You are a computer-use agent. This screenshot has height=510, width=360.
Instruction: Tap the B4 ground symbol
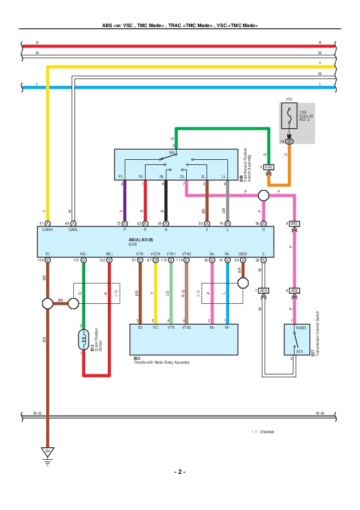coord(47,452)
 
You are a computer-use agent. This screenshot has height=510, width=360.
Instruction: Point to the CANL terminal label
coord(73,230)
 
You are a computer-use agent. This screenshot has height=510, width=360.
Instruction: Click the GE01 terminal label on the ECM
coord(243,254)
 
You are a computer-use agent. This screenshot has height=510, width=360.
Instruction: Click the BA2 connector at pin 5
coord(269,167)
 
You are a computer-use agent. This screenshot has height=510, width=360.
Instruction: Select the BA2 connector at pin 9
coord(294,224)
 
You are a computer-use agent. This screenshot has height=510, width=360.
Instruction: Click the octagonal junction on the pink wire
coord(264,195)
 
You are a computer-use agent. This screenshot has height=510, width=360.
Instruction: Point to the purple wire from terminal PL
coord(125,203)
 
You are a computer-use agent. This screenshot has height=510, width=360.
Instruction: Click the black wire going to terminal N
coord(165,203)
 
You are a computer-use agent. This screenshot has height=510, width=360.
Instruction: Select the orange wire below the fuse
coord(289,164)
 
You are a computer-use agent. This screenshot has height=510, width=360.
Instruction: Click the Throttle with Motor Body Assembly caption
coord(161,362)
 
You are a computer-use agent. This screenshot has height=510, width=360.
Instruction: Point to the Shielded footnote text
coord(263,431)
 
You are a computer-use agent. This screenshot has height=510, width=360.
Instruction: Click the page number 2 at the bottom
coord(179,472)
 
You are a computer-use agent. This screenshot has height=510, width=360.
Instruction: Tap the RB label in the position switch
coord(172,152)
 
